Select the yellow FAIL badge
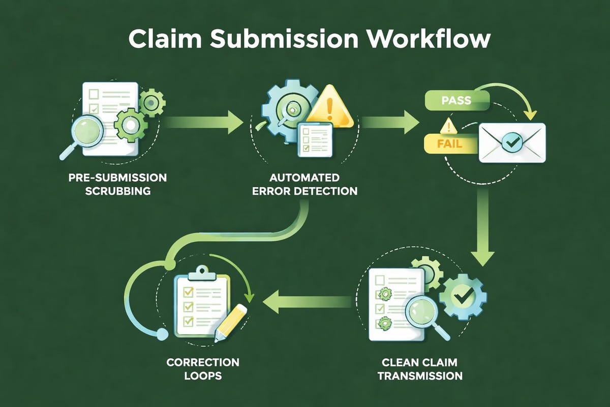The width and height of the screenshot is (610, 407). pos(449,143)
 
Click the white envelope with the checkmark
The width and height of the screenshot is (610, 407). pos(512,143)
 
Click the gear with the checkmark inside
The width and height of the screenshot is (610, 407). pos(462,296)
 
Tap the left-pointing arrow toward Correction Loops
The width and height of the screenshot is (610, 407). pos(305,301)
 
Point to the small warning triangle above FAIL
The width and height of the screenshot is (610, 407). pos(447,125)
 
